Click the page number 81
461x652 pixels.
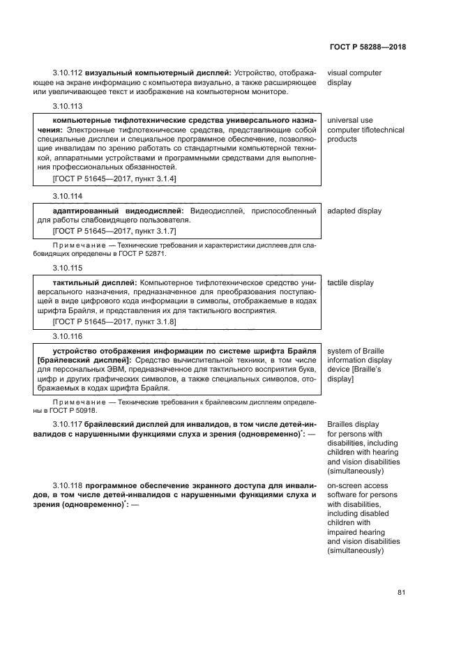(x=401, y=593)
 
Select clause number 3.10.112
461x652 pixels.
(x=67, y=73)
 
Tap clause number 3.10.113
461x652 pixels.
(x=67, y=107)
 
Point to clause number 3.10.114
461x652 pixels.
(x=67, y=196)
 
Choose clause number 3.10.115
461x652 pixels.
(x=67, y=268)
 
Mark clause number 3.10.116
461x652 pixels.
(x=67, y=335)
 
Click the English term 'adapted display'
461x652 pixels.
(x=354, y=211)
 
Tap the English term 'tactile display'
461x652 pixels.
(x=350, y=283)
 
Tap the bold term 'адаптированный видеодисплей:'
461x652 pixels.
(x=117, y=211)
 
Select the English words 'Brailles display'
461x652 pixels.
(x=353, y=424)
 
